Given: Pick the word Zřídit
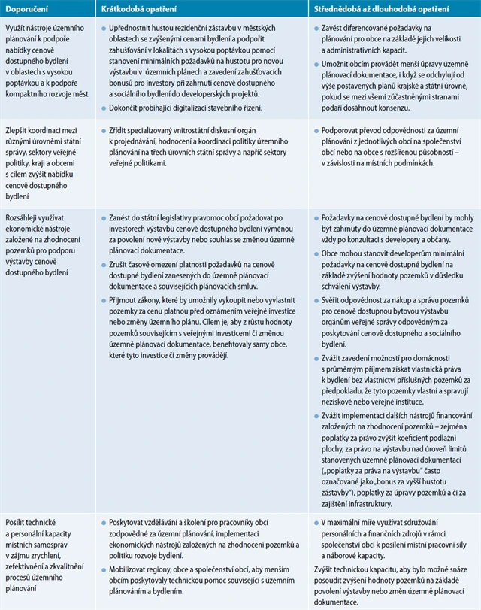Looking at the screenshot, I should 119,130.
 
